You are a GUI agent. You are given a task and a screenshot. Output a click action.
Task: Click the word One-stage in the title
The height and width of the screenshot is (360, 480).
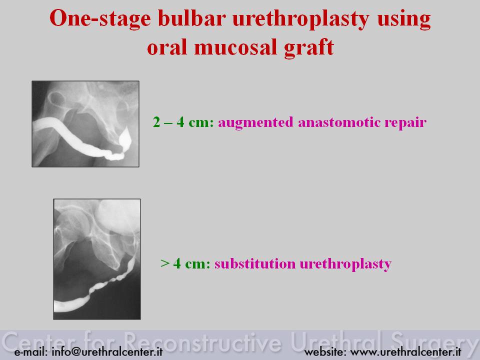click(100, 18)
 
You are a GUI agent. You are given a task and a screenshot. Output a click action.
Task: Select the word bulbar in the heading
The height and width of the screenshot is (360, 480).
click(192, 18)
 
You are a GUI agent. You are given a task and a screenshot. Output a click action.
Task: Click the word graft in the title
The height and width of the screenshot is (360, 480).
click(309, 48)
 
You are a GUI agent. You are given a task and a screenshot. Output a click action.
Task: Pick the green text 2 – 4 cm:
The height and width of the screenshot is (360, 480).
click(183, 122)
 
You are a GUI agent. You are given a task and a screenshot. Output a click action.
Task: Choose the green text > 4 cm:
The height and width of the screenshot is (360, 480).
click(185, 263)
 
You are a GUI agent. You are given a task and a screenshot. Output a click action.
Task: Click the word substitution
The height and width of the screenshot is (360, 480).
click(255, 263)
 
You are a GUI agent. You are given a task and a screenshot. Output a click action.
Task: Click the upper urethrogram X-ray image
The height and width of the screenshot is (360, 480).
click(85, 124)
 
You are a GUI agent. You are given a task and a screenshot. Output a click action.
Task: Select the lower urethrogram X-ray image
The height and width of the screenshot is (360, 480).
click(97, 259)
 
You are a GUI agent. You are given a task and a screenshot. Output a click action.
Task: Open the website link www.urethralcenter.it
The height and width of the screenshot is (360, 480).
click(405, 351)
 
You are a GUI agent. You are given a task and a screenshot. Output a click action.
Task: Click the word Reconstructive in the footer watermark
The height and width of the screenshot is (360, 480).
click(202, 341)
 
